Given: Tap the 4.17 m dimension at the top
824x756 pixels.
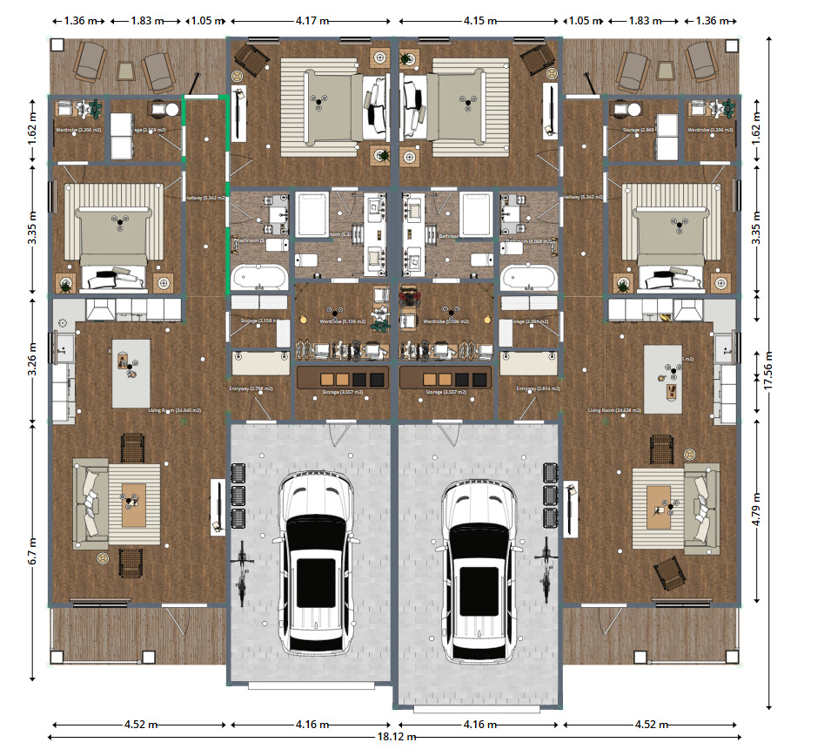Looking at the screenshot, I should pyautogui.click(x=311, y=20).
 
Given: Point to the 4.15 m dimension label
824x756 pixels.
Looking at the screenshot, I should pyautogui.click(x=480, y=20).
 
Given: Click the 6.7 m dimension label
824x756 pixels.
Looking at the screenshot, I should pyautogui.click(x=32, y=550).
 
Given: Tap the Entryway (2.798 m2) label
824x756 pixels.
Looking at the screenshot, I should pyautogui.click(x=251, y=388).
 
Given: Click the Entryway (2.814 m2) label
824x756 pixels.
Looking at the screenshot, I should pyautogui.click(x=537, y=388).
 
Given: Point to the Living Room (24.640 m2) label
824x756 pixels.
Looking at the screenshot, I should pyautogui.click(x=175, y=409).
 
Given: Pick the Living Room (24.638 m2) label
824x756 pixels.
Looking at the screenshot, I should pyautogui.click(x=615, y=409).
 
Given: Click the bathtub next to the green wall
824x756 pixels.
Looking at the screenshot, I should pyautogui.click(x=258, y=278).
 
